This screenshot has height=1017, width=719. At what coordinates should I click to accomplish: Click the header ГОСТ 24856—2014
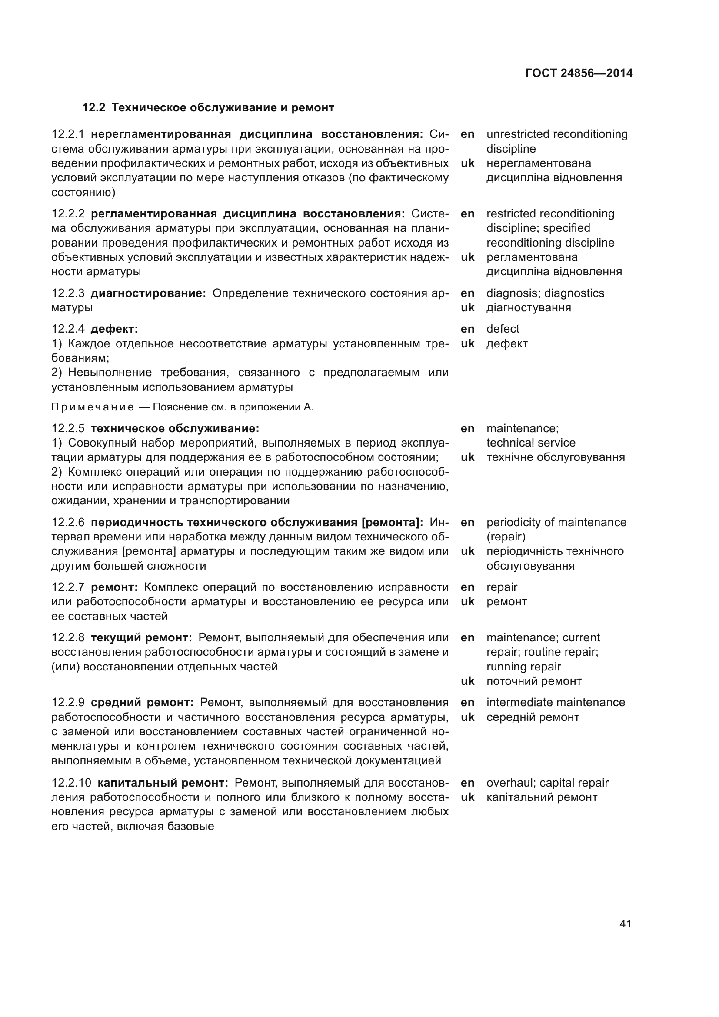coord(579,73)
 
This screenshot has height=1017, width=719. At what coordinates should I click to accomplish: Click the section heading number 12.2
coord(93,108)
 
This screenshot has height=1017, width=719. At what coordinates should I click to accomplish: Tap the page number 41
coord(625,923)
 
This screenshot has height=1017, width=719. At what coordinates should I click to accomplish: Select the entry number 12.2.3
coord(68,293)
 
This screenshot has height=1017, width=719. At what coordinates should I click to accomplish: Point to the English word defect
coord(503,329)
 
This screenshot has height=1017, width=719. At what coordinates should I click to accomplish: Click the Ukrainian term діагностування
coord(528,307)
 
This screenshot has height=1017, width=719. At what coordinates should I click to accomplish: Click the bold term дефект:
coord(114,329)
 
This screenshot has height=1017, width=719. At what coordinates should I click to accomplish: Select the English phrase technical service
coord(530,443)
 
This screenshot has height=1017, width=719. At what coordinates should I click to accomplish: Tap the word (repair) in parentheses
coord(506,537)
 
